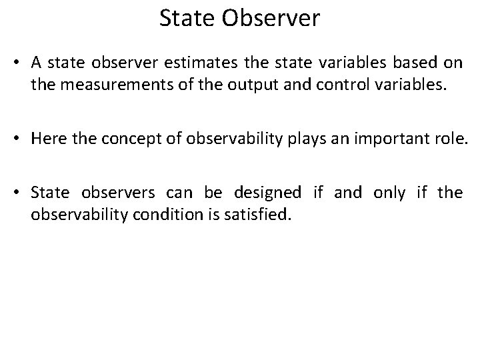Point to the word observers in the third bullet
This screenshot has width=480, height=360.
(x=119, y=194)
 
